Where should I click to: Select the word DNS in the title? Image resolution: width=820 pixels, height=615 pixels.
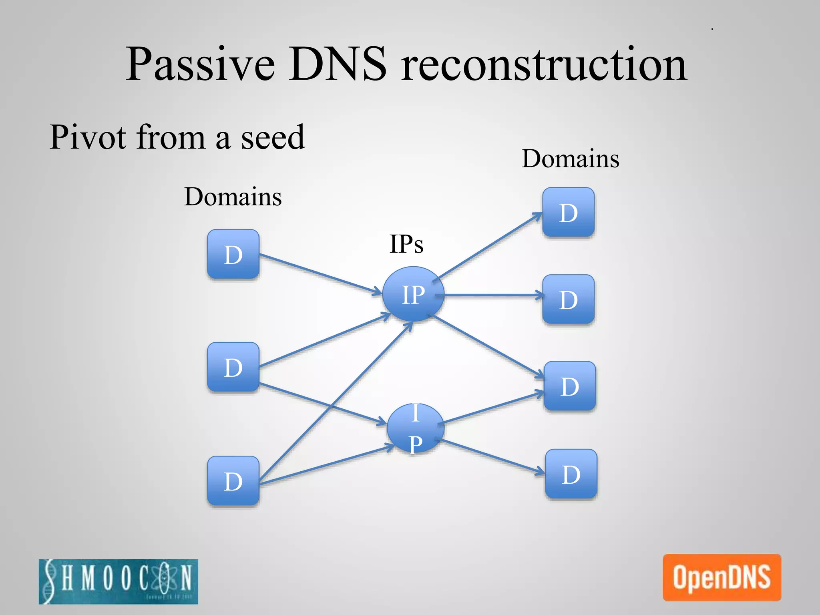(339, 64)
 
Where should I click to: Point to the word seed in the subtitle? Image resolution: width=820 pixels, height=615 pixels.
(273, 137)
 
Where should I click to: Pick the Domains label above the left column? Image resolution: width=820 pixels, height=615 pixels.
(233, 197)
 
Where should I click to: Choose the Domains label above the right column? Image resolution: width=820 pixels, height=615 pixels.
(571, 159)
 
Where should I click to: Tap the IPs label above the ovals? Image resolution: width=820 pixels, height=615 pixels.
(406, 244)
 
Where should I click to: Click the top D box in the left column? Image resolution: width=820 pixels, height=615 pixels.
(233, 254)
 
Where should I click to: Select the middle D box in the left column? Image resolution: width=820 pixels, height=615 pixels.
(233, 367)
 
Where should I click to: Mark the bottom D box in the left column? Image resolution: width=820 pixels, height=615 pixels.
(233, 480)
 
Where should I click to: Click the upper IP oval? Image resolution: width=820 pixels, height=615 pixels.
(413, 294)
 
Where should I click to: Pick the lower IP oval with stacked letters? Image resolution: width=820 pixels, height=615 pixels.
(415, 428)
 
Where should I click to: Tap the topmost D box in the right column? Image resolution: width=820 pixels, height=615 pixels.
(568, 212)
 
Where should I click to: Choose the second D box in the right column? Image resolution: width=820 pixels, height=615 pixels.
(568, 299)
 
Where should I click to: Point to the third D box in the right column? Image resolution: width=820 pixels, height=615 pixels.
(569, 386)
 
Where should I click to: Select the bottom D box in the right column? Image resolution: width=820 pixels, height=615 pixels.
(571, 474)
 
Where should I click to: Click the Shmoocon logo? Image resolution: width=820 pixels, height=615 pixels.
(119, 581)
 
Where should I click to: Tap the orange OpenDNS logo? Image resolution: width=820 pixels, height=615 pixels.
(722, 577)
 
